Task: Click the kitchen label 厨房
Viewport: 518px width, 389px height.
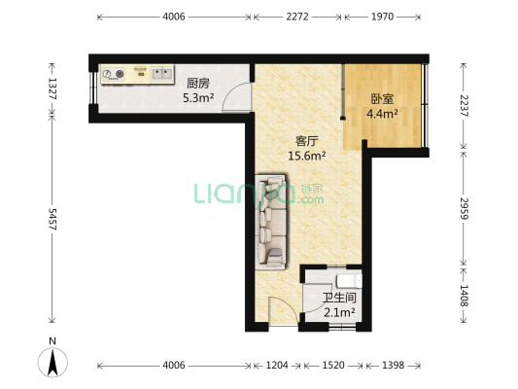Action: click(198, 83)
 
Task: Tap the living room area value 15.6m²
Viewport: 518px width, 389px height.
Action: click(306, 155)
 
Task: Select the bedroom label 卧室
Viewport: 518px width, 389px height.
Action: click(382, 99)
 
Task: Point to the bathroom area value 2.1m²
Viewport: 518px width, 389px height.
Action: click(339, 312)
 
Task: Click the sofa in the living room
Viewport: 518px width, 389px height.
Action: click(271, 221)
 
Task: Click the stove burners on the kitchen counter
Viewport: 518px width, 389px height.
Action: click(114, 73)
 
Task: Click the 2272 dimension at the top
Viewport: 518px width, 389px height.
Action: click(297, 17)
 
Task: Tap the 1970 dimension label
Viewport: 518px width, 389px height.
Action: click(382, 17)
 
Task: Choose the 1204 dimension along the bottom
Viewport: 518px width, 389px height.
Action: click(277, 366)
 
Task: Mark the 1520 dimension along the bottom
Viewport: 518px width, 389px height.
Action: click(333, 366)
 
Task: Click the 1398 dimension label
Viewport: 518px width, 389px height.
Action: click(394, 366)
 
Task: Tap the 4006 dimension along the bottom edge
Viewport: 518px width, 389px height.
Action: click(173, 366)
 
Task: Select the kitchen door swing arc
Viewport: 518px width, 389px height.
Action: click(236, 97)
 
